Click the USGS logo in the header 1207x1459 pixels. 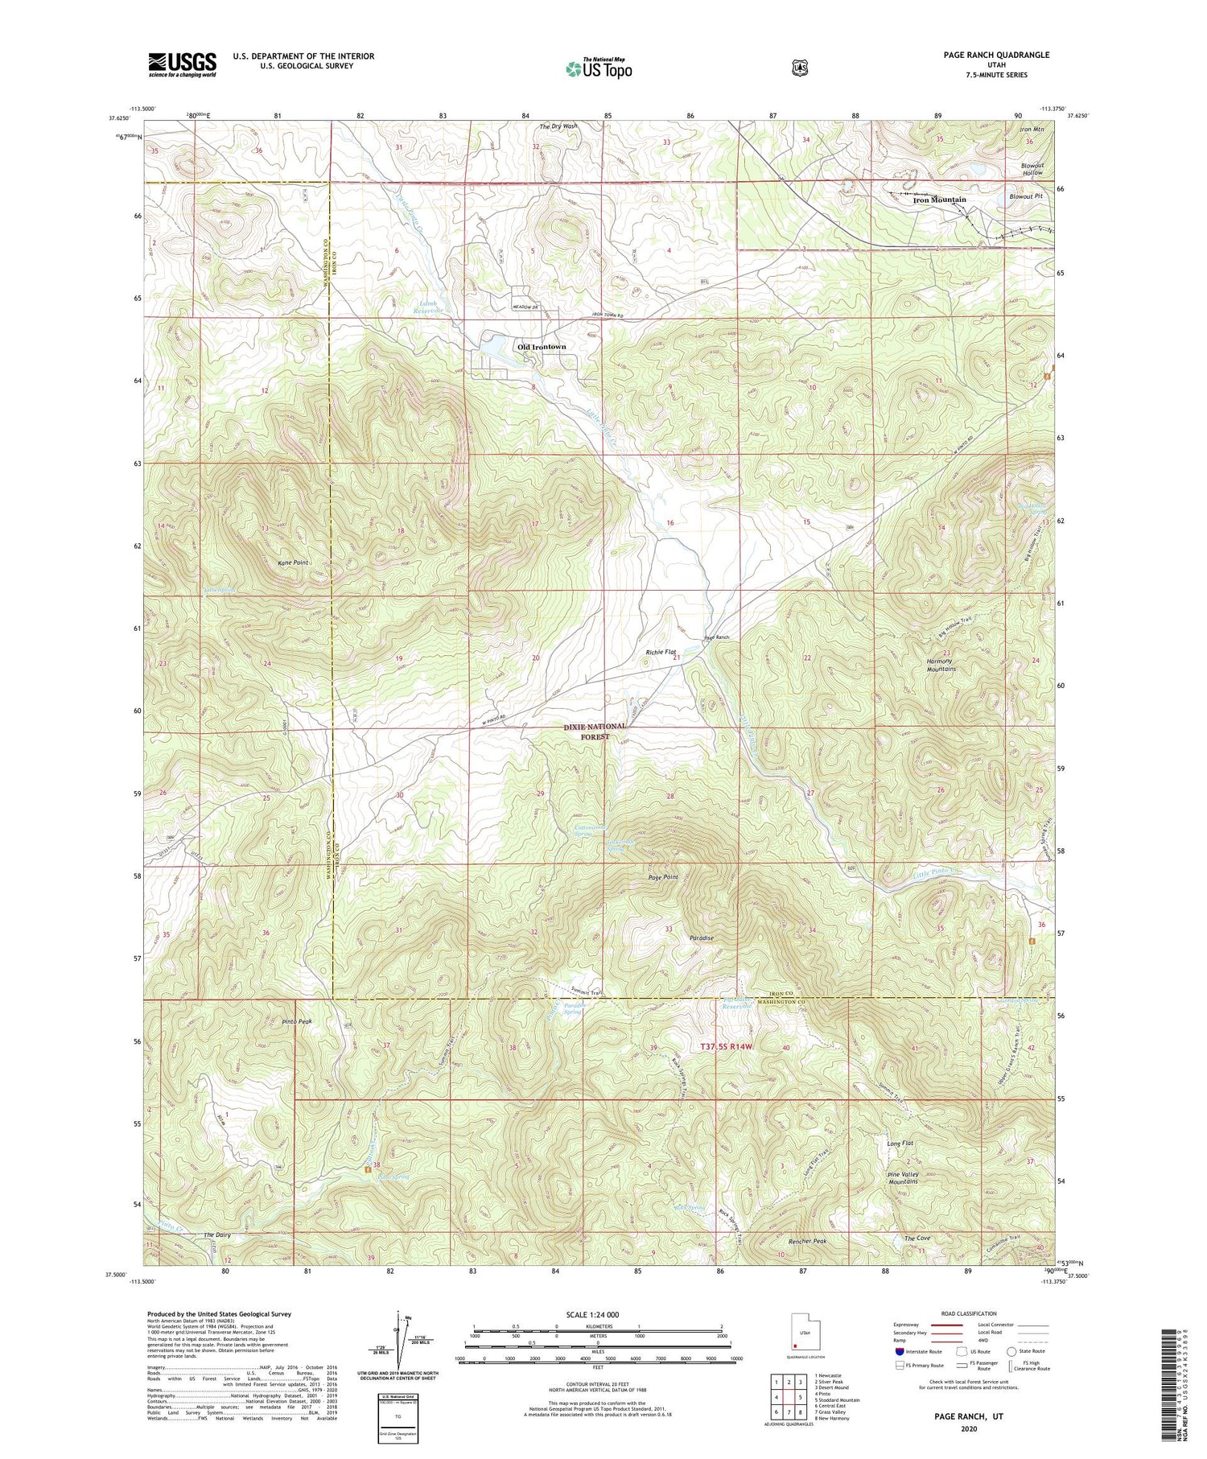point(183,64)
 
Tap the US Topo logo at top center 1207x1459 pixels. point(598,68)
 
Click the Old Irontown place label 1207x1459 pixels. point(542,347)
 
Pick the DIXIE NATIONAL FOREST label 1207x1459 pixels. point(595,732)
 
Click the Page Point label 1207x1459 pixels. point(663,877)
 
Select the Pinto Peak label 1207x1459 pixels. point(297,1021)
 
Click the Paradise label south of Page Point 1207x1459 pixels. point(701,938)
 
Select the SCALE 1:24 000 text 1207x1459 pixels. point(598,1314)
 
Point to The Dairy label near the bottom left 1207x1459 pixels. point(218,1234)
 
